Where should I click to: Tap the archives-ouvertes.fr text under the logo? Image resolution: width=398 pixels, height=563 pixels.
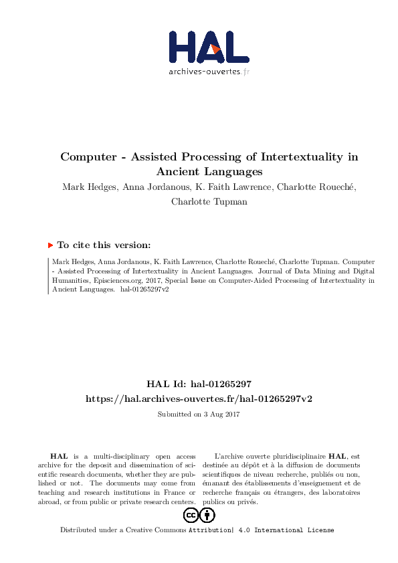209,71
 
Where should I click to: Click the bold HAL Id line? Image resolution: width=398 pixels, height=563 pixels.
199,384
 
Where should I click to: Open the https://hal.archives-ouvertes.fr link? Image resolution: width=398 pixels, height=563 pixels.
199,399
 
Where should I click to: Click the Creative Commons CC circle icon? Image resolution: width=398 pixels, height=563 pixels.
191,515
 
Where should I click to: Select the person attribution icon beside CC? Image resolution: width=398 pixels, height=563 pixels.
208,515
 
